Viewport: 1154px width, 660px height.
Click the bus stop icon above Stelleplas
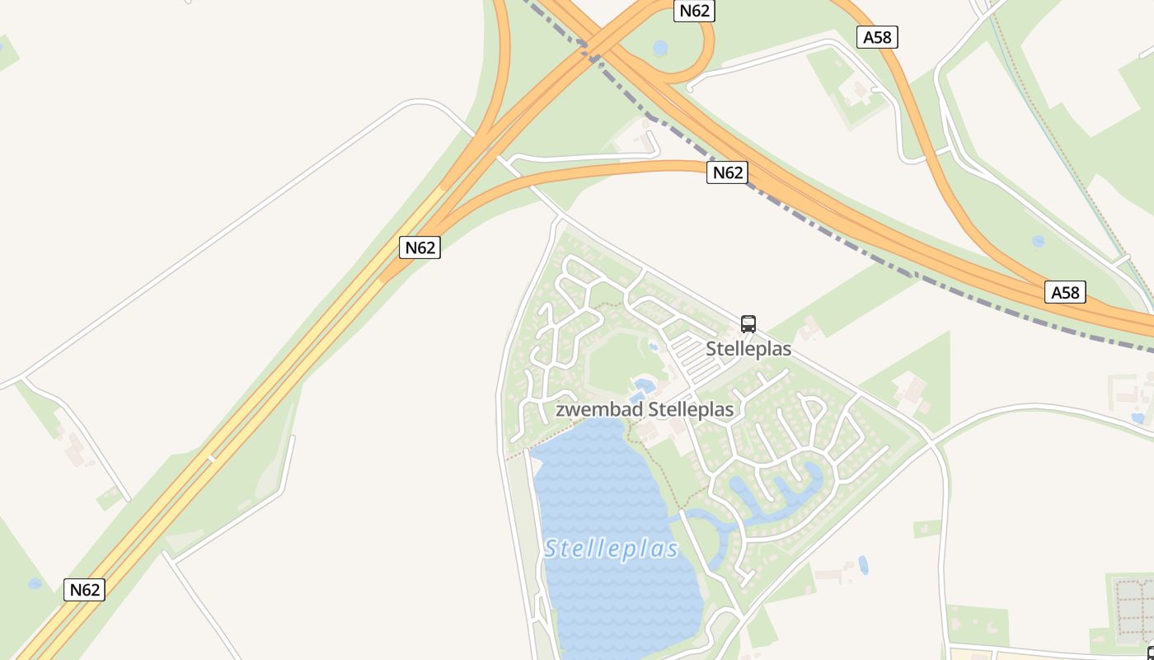pos(748,323)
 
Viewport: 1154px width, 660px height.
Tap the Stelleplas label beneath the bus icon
pos(748,349)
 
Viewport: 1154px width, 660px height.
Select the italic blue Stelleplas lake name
pos(611,549)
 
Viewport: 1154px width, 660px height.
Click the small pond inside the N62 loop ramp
pos(660,48)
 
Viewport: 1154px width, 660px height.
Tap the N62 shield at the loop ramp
pos(694,11)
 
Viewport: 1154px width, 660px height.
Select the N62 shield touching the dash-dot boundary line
pos(727,172)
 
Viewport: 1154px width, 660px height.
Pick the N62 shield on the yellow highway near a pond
pos(84,590)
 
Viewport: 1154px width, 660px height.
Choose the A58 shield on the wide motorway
pos(1066,292)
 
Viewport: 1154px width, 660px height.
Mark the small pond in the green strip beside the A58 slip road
pos(1038,242)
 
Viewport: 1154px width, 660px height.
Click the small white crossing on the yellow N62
pos(209,456)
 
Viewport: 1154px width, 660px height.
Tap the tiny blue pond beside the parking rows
pos(654,347)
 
